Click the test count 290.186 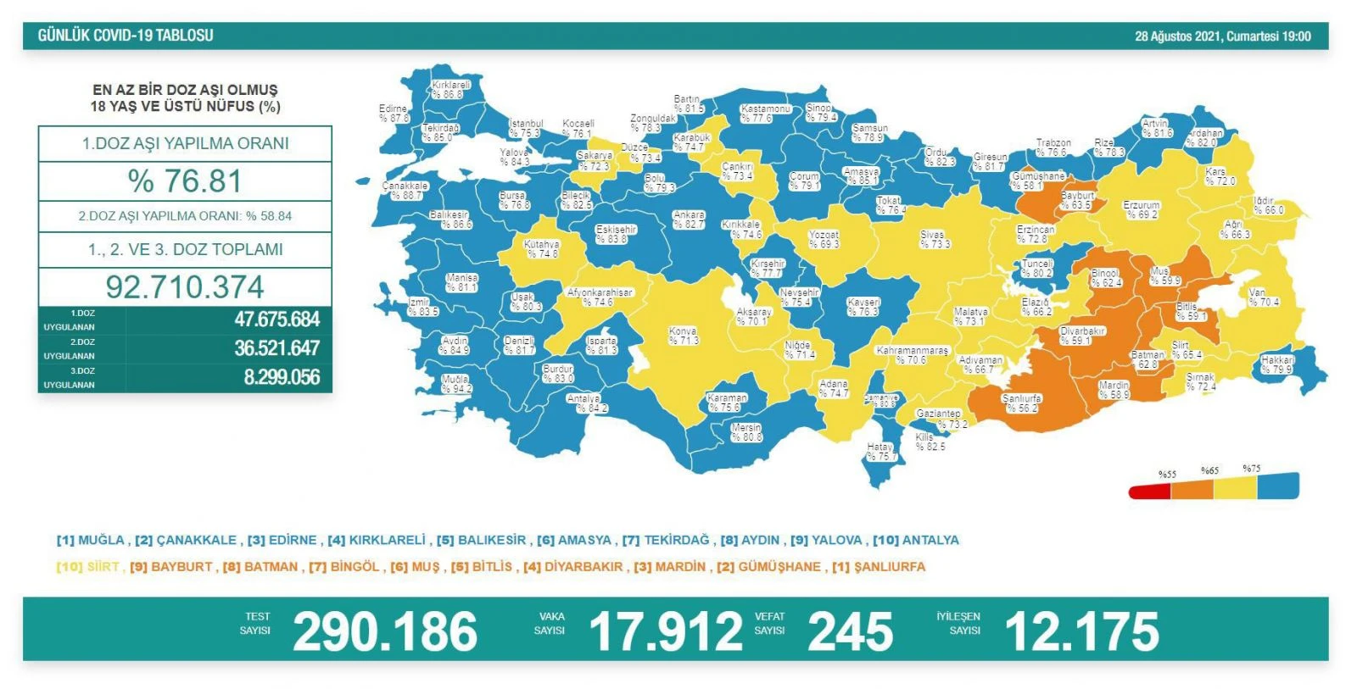(x=384, y=631)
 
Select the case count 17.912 (x=665, y=631)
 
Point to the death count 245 (x=850, y=631)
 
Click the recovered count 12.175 (x=1081, y=631)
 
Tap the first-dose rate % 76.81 (x=184, y=181)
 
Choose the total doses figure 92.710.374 (x=184, y=286)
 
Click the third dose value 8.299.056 (x=282, y=377)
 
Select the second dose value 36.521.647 (x=276, y=348)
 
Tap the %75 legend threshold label (x=1251, y=469)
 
